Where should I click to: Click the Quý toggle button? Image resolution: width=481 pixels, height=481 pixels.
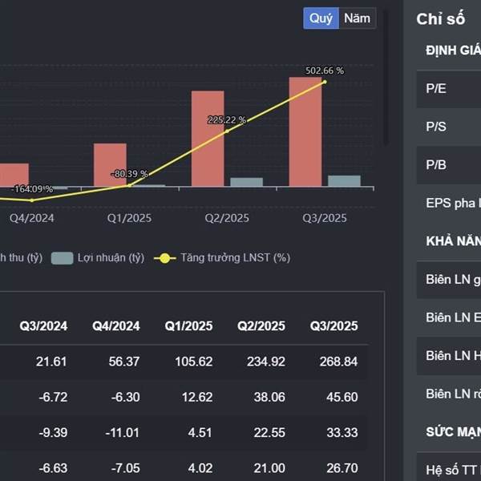[x=321, y=18]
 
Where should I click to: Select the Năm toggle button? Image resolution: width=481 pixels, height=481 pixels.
[x=357, y=18]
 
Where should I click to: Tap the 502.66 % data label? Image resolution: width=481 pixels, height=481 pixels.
[x=325, y=71]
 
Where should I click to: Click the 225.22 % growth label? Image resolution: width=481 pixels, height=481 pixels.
[x=227, y=119]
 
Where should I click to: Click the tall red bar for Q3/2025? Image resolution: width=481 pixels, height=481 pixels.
[x=305, y=132]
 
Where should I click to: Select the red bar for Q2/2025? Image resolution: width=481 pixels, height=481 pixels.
[x=207, y=139]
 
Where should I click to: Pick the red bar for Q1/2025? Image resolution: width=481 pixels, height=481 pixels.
[x=110, y=165]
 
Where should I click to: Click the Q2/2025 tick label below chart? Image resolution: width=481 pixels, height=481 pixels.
[x=227, y=218]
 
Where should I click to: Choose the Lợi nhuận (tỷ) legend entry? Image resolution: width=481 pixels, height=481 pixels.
[x=98, y=258]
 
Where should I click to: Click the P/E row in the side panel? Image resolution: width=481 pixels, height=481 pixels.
[x=449, y=89]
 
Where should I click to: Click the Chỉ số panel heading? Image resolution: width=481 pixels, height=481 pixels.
[x=441, y=19]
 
